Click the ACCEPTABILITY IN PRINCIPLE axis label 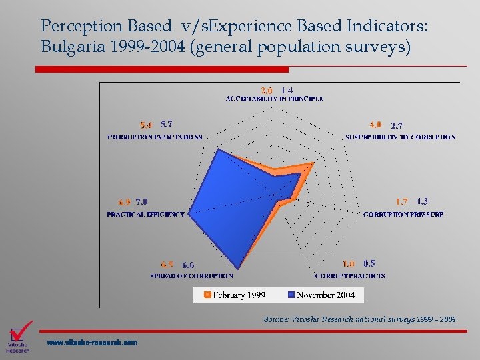point(275,99)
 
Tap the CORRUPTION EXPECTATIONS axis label point(155,137)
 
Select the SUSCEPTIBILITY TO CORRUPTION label point(401,137)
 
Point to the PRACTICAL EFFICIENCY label point(145,215)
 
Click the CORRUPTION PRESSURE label point(403,215)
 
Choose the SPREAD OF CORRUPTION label point(191,276)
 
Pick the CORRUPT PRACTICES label point(350,276)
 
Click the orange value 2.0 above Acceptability point(266,90)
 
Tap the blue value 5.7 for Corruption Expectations point(167,124)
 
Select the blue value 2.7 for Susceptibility point(397,125)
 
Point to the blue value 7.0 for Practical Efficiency point(141,202)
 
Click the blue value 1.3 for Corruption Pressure point(423,201)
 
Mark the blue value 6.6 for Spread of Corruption point(188,265)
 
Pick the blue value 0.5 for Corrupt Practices point(369,264)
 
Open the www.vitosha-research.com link point(93,343)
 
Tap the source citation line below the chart point(359,320)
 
